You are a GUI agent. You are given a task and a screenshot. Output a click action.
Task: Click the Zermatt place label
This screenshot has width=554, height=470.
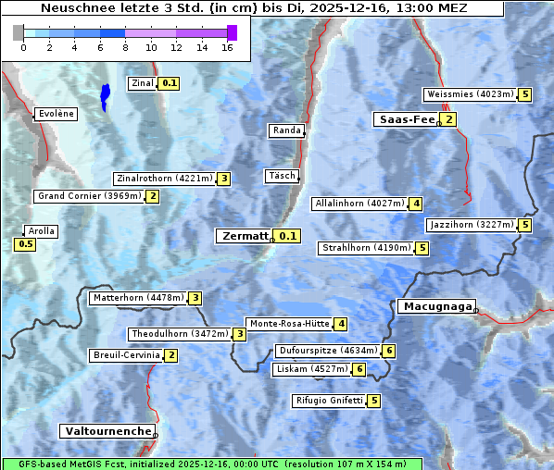[x=245, y=236]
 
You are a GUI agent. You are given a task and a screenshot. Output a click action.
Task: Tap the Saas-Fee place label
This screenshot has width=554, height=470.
[x=406, y=119]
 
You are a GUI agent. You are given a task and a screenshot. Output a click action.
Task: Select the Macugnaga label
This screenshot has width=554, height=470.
[x=435, y=306]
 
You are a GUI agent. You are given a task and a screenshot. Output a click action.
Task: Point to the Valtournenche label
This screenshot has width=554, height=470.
[x=107, y=431]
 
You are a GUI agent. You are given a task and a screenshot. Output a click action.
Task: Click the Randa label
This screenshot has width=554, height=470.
[x=286, y=130]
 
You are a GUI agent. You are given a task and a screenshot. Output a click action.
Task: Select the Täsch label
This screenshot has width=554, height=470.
[x=282, y=176]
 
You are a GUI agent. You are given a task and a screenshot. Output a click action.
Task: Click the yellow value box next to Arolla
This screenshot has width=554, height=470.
[x=25, y=244]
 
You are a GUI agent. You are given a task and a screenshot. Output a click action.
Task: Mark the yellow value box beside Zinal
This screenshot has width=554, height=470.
[x=169, y=83]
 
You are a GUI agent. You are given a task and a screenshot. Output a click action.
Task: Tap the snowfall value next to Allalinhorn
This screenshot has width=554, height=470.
[x=416, y=204]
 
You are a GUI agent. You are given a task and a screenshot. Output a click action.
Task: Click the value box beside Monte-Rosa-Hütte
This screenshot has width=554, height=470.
[x=341, y=324]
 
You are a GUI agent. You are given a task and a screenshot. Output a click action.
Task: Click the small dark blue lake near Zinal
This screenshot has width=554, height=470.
[x=105, y=95]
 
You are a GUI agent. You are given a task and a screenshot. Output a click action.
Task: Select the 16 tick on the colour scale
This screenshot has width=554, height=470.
[x=227, y=47]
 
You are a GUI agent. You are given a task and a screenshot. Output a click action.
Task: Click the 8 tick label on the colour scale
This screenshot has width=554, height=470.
[x=125, y=47]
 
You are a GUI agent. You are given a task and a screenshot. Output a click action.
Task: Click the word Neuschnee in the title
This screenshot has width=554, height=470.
[x=73, y=8]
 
